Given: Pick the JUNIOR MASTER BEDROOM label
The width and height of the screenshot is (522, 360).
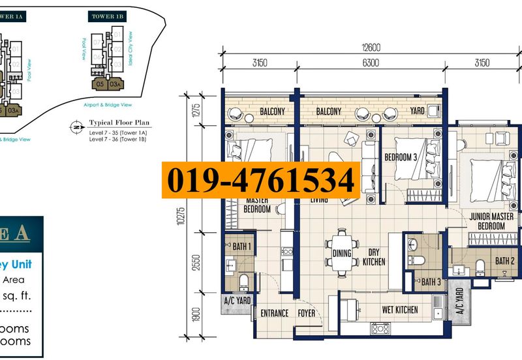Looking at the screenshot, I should pyautogui.click(x=491, y=221).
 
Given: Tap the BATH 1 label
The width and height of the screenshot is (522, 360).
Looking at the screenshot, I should pyautogui.click(x=241, y=248).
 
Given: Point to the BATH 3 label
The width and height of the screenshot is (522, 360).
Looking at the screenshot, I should pyautogui.click(x=431, y=282).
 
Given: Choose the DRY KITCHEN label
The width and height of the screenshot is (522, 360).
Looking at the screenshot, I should pyautogui.click(x=375, y=257).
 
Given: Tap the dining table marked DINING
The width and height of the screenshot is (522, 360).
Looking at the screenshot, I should pyautogui.click(x=341, y=254).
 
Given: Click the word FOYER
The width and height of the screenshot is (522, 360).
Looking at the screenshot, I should pyautogui.click(x=307, y=314).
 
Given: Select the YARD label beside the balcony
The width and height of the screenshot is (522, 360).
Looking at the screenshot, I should pyautogui.click(x=417, y=112).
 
